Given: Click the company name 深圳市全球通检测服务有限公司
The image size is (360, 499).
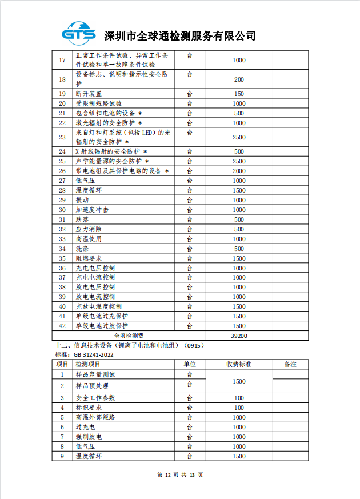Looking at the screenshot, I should (x=179, y=35).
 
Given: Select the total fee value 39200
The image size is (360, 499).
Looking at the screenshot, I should (x=239, y=336).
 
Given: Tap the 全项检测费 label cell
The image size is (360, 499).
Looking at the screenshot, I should (x=129, y=336).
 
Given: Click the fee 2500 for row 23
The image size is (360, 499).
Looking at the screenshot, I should (x=239, y=137).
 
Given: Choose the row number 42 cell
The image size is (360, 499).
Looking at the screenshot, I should (x=62, y=326).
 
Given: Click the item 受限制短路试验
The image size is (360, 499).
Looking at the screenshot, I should (x=98, y=103).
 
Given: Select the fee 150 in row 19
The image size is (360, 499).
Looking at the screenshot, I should (x=239, y=94).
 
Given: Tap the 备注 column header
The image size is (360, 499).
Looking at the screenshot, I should (x=290, y=364).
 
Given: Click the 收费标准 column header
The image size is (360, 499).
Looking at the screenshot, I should (x=239, y=364).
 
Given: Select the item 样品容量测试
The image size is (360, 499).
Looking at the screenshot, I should (x=95, y=374).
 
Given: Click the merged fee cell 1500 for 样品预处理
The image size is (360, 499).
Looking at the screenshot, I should (x=239, y=381).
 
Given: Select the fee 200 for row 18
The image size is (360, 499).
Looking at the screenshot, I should (x=239, y=79).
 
